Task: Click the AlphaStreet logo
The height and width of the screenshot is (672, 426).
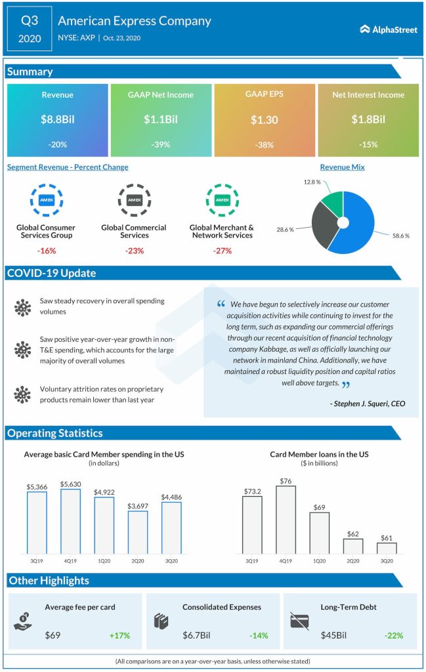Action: click(x=389, y=29)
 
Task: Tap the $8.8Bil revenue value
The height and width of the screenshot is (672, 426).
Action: click(x=58, y=119)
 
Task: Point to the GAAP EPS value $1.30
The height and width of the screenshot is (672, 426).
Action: click(x=264, y=120)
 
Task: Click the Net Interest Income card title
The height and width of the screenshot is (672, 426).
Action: click(x=368, y=94)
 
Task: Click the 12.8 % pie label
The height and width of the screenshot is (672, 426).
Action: click(x=312, y=181)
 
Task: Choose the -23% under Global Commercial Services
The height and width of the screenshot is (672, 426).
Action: click(x=134, y=251)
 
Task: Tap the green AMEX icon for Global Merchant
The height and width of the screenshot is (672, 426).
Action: click(x=222, y=200)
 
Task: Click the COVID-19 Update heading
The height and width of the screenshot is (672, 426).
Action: click(x=51, y=273)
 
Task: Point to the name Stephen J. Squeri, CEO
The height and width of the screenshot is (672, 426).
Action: click(x=367, y=404)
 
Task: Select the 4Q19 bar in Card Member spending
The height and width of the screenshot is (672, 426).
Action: click(x=71, y=521)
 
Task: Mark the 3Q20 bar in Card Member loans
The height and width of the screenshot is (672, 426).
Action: click(x=387, y=548)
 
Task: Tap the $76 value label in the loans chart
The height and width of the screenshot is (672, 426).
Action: click(x=286, y=480)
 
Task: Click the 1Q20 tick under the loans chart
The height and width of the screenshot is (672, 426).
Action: click(x=320, y=561)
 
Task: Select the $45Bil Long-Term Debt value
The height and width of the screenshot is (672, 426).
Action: click(x=335, y=635)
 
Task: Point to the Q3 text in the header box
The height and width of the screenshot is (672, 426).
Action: click(x=30, y=20)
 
